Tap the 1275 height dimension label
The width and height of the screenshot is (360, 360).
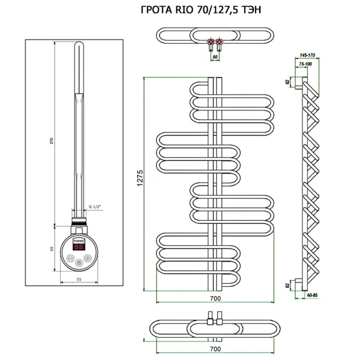pos(140,178)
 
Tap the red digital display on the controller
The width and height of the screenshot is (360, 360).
pos(79,246)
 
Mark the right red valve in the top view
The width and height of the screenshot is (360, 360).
pos(220,43)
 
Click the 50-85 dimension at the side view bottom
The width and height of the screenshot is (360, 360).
pos(311,295)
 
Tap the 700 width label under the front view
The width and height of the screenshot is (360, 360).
pos(215,298)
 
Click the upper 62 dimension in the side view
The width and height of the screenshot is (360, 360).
pos(288,80)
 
